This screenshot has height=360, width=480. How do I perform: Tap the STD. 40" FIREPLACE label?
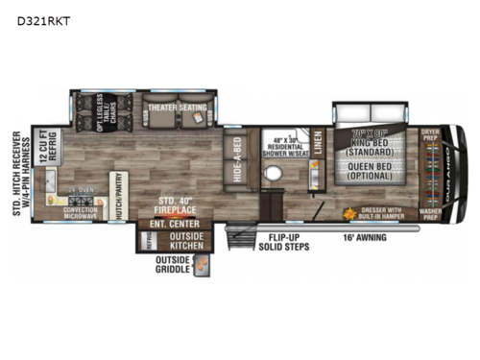[x=176, y=204]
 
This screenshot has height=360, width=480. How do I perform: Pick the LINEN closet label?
[x=317, y=147]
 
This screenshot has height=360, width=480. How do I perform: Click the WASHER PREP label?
[x=428, y=204]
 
